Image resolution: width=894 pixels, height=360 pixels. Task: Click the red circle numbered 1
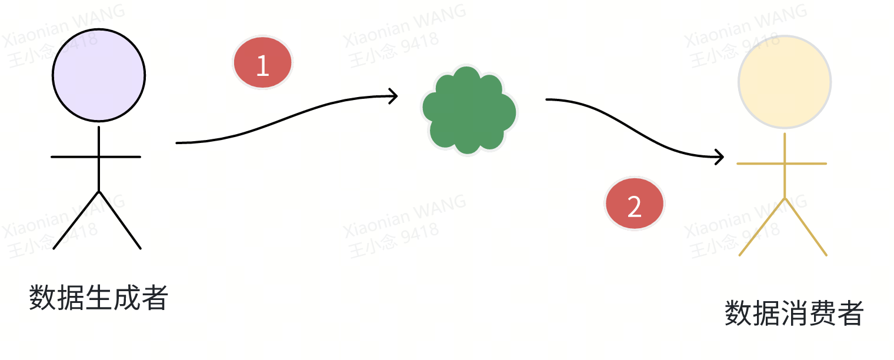coord(263,62)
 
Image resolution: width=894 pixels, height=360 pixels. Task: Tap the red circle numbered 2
coord(634,204)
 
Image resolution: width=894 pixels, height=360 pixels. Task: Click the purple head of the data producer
coord(99,75)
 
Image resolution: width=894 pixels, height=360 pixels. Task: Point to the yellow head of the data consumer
coord(785,82)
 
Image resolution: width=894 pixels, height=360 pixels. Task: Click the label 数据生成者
coord(99,298)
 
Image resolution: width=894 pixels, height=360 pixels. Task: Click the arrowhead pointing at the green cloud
coord(393,96)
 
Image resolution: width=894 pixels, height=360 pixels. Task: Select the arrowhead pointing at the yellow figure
coord(719,157)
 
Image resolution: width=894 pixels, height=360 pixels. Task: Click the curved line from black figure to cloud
coord(282,121)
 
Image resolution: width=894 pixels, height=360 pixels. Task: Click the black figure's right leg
coord(120,219)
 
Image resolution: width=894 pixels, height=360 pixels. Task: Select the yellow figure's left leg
coord(762,227)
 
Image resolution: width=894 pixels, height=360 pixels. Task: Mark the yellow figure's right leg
coord(806,227)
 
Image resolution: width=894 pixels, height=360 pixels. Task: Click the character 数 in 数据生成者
coord(42,298)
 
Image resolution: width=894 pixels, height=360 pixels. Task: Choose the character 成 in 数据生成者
coord(126,298)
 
